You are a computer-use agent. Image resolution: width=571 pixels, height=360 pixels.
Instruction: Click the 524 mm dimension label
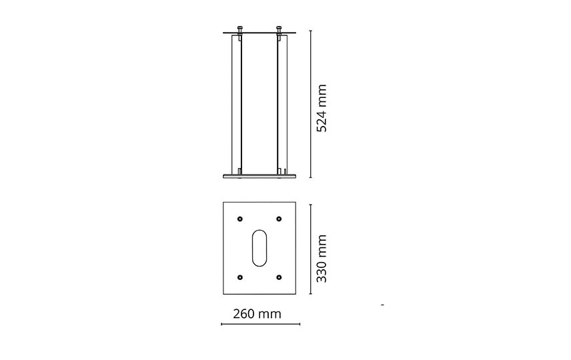pos(322,108)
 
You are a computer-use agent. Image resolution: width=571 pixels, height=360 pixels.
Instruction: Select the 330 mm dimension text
pos(322,259)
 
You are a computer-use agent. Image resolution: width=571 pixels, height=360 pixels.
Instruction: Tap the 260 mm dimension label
pos(257,314)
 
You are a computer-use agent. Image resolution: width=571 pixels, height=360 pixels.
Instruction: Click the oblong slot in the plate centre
pos(259,247)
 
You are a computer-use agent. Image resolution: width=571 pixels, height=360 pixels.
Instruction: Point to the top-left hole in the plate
pos(239,219)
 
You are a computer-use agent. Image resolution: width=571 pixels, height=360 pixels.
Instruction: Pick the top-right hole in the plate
pos(279,219)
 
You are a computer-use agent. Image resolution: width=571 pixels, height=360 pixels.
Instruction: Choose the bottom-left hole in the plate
pos(239,277)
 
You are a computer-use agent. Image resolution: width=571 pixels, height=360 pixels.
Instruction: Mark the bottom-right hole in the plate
pos(279,277)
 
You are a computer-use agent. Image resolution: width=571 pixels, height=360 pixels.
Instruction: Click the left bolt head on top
pos(239,28)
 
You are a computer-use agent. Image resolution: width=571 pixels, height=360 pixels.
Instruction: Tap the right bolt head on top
pos(279,28)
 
